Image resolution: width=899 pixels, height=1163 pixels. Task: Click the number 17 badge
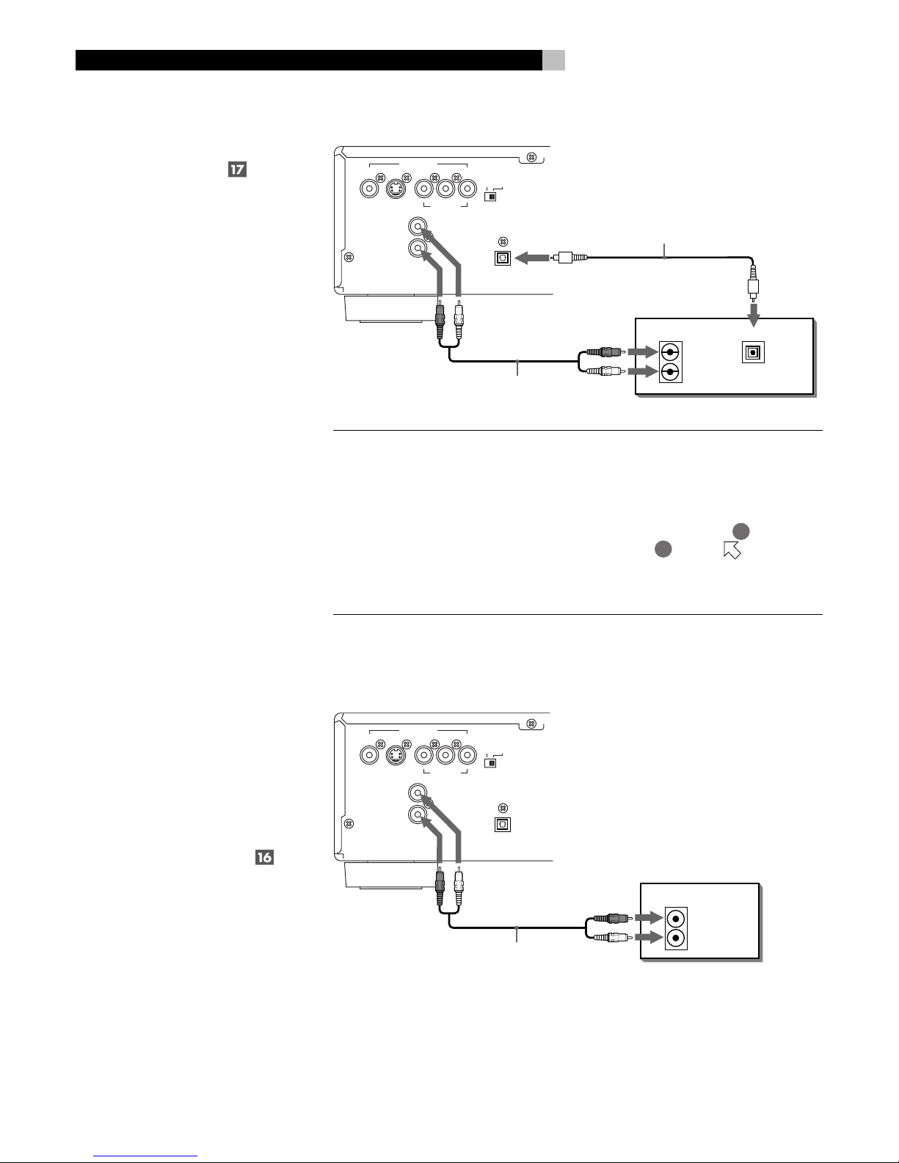click(x=236, y=170)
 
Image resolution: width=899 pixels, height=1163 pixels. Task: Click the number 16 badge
click(x=264, y=857)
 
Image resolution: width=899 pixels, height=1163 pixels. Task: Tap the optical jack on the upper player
click(x=503, y=258)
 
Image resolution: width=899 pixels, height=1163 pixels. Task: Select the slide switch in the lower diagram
click(x=491, y=762)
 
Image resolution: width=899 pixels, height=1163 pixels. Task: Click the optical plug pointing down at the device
click(x=753, y=285)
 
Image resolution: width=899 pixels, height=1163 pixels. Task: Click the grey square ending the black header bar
click(x=554, y=61)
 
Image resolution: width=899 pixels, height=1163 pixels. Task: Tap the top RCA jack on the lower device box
click(x=676, y=918)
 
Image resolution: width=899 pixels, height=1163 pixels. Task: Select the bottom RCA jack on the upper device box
click(x=670, y=373)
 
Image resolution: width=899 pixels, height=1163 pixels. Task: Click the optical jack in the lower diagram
click(x=503, y=823)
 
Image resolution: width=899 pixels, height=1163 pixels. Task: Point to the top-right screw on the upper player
click(x=531, y=158)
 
